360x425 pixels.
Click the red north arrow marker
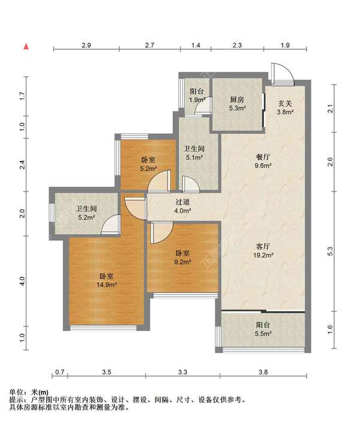coord(26,46)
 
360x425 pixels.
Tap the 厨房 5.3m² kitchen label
coord(237,104)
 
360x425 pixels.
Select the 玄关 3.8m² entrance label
coord(285,107)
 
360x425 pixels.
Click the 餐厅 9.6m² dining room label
coord(263,161)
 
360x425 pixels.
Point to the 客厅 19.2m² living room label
coord(263,251)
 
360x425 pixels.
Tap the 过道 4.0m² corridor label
coord(182,206)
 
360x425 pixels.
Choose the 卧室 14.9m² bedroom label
coord(106,280)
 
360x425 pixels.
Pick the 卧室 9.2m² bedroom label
coord(182,258)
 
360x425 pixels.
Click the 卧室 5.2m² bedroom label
coord(148,164)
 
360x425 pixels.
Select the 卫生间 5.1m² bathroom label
coord(194,153)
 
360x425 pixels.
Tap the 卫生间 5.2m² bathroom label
coord(86,213)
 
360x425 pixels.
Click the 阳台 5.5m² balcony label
coord(263,329)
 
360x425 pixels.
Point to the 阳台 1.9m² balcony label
coord(197,95)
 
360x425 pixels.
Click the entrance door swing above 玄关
coord(283,74)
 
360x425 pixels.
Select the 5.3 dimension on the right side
coord(330,251)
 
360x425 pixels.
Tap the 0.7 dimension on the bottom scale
coord(59,372)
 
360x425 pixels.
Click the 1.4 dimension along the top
coord(196,45)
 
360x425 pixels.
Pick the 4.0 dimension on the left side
coord(22,281)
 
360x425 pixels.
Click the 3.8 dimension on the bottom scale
coord(263,372)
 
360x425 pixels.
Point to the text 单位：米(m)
coord(29,392)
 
